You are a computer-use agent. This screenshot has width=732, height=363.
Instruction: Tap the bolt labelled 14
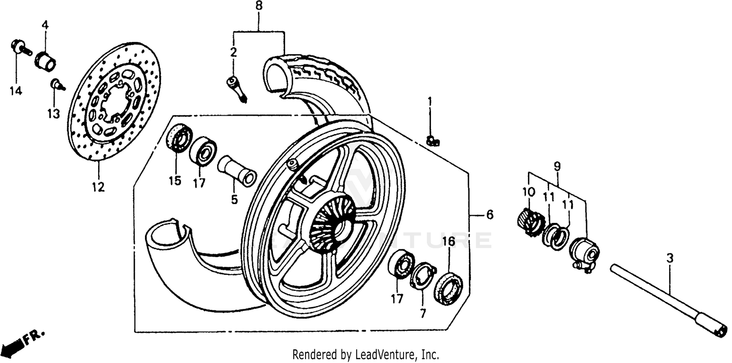point(20,48)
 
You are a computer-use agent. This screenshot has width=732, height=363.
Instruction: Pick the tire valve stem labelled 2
point(237,88)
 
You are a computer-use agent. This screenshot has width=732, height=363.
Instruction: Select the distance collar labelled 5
point(237,170)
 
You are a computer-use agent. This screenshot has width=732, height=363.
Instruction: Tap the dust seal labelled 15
point(180,138)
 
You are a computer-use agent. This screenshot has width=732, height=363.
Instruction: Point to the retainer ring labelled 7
point(423,276)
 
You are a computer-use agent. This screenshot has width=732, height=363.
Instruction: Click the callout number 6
point(489,215)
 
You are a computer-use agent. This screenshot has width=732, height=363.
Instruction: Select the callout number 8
point(259,7)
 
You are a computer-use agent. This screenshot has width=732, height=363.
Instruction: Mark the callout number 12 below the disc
point(98,186)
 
